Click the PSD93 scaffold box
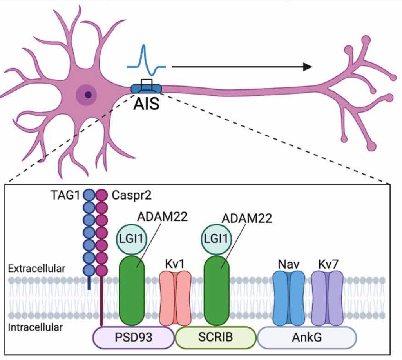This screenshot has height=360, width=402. pyautogui.click(x=134, y=337)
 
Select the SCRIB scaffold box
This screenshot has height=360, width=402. pyautogui.click(x=215, y=337)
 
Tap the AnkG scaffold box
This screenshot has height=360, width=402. pyautogui.click(x=306, y=337)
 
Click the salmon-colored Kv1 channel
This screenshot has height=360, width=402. pyautogui.click(x=176, y=298)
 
